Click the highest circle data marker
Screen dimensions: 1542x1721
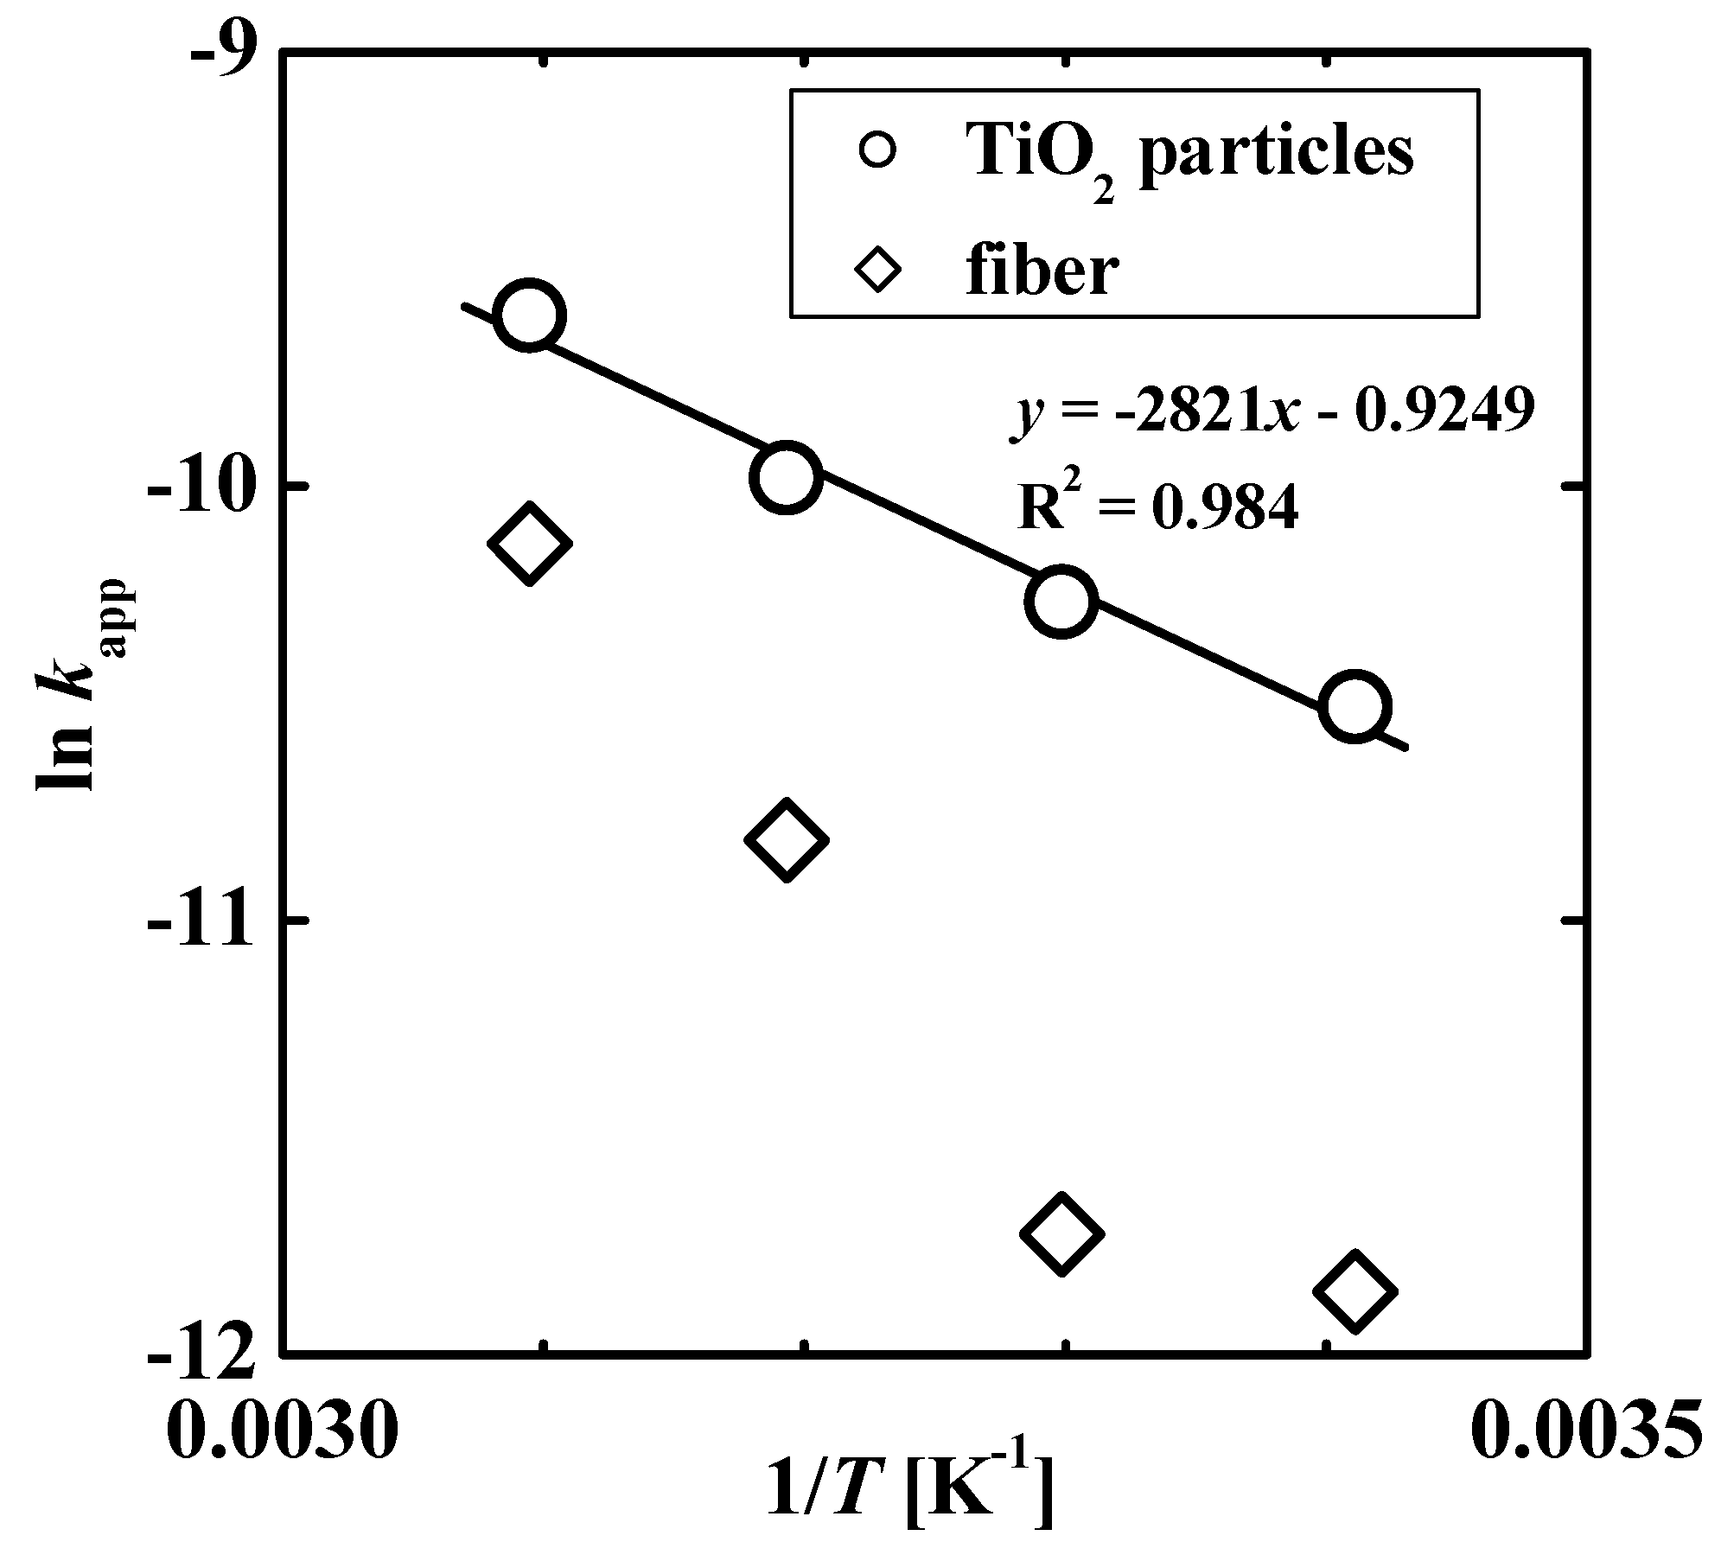pyautogui.click(x=530, y=315)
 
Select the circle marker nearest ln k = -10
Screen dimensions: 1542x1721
pyautogui.click(x=785, y=477)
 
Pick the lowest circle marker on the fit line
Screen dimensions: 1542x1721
pyautogui.click(x=1354, y=707)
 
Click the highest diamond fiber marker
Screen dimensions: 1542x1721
pyautogui.click(x=530, y=544)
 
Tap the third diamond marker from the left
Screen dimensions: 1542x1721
pyautogui.click(x=1061, y=1233)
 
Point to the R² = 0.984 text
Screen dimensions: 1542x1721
pyautogui.click(x=1157, y=508)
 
